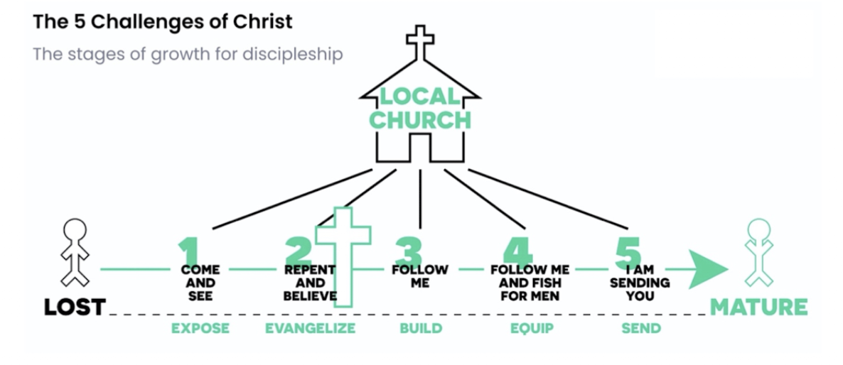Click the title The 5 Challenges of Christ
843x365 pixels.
(162, 21)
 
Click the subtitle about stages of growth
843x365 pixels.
(188, 54)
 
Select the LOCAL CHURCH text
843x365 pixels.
(419, 108)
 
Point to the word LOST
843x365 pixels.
(75, 307)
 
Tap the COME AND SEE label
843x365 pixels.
(200, 283)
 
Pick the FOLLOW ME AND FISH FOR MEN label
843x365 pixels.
(530, 283)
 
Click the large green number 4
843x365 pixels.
(517, 249)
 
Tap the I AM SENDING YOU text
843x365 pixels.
(640, 283)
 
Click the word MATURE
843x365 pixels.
(758, 307)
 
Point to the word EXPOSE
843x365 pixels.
(200, 328)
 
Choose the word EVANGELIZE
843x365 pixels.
(310, 328)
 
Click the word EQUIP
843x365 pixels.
(532, 328)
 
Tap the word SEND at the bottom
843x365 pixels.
(640, 328)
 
